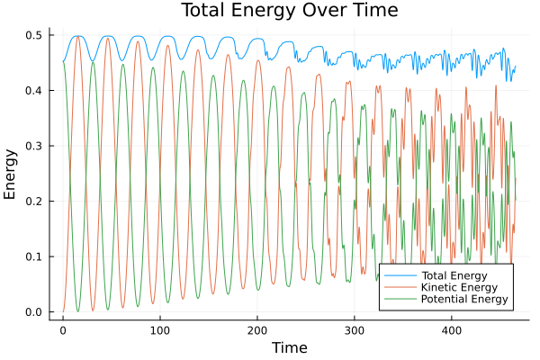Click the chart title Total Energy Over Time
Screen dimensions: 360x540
(270, 11)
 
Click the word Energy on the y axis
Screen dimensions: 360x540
(11, 173)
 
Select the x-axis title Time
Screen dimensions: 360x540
(289, 347)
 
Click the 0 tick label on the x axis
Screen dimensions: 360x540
(63, 330)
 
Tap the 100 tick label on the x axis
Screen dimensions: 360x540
(160, 330)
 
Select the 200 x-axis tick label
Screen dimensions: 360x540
(257, 330)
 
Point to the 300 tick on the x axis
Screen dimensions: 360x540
(355, 330)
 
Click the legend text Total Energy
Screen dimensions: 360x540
(454, 274)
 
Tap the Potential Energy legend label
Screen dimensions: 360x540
(465, 299)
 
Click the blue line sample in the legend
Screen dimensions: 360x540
(399, 274)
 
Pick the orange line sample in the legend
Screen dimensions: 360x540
(399, 286)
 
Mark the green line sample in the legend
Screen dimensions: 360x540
(399, 299)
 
